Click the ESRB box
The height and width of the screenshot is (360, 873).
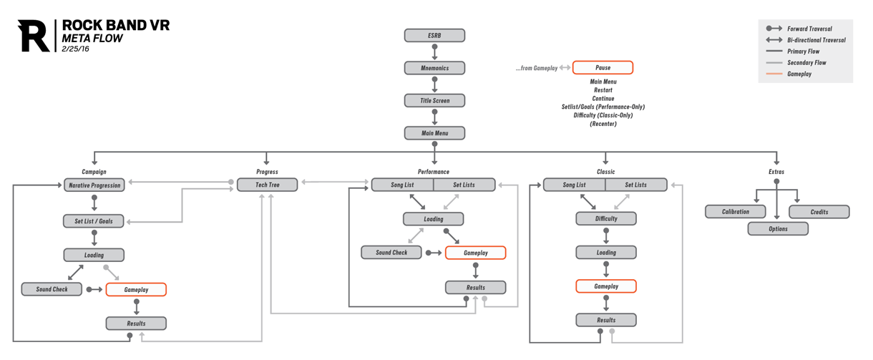pos(434,35)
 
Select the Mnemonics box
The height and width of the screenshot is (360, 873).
pos(434,68)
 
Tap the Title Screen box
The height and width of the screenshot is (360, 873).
pos(434,101)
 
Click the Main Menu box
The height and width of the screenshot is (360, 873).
pos(434,133)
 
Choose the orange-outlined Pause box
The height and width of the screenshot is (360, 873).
pos(603,68)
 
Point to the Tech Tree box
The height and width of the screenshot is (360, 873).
pos(268,185)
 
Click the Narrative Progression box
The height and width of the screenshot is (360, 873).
pos(94,185)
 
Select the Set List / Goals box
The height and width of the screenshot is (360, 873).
pos(94,221)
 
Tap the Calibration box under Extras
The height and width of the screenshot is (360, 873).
pos(736,212)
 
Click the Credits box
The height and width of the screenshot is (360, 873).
pos(819,212)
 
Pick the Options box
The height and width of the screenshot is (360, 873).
pos(778,229)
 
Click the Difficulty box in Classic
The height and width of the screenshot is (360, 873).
pos(606,218)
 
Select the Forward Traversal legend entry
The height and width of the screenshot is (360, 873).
pos(809,29)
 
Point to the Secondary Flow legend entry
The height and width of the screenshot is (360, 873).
pos(806,63)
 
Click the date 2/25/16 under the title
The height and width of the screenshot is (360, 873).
pos(76,49)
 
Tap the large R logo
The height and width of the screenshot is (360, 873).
pos(34,36)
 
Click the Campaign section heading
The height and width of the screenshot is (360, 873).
pos(94,172)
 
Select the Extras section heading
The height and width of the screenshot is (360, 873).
pos(776,172)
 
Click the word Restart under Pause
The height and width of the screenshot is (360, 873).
pos(603,90)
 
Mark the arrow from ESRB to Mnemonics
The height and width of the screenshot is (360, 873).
pos(434,52)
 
